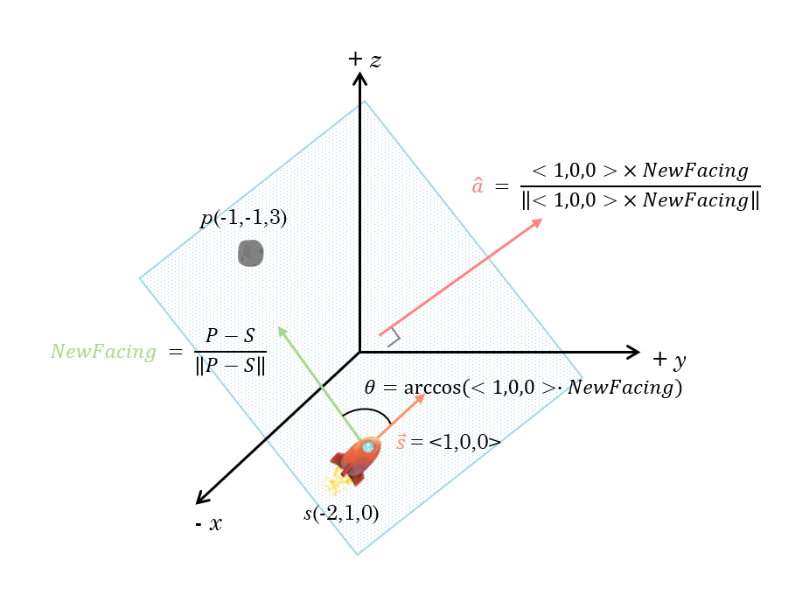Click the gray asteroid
point(251,254)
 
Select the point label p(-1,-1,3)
point(243,219)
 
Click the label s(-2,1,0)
point(341,514)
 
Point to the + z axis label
point(364,59)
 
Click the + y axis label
point(669,360)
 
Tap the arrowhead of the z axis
point(359,77)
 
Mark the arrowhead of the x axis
point(200,500)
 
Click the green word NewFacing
point(103,352)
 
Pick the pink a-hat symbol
point(478,186)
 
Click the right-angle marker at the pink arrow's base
point(392,336)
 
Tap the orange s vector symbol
point(401,442)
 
